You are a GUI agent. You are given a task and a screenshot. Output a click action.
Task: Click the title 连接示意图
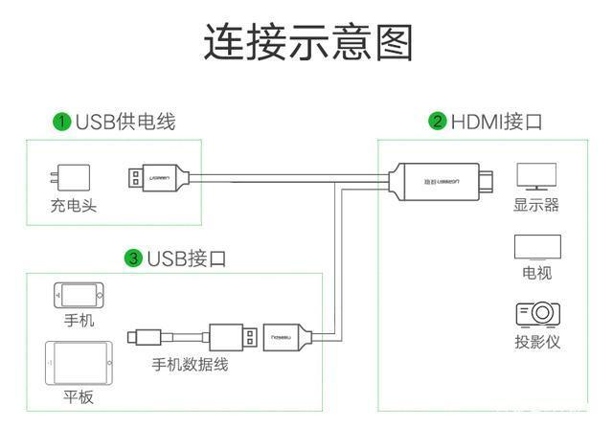pyautogui.click(x=307, y=43)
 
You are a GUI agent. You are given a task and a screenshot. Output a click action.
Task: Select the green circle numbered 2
pyautogui.click(x=438, y=122)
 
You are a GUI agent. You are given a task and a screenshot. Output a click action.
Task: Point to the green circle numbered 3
pyautogui.click(x=133, y=258)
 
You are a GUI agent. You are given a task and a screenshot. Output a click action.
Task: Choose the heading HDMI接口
pyautogui.click(x=497, y=122)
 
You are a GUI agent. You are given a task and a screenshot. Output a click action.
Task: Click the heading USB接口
pyautogui.click(x=187, y=258)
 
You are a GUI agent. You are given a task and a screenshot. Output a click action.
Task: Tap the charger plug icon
pyautogui.click(x=73, y=178)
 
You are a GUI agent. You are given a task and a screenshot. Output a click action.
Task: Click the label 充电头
pyautogui.click(x=74, y=205)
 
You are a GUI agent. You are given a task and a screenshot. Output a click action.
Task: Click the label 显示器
pyautogui.click(x=535, y=205)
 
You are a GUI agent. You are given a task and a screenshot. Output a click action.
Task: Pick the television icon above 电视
pyautogui.click(x=536, y=247)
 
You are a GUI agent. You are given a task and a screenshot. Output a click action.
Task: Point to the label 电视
pyautogui.click(x=536, y=274)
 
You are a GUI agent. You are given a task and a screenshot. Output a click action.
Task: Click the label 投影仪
pyautogui.click(x=536, y=342)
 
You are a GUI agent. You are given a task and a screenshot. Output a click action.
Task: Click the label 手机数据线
pyautogui.click(x=191, y=365)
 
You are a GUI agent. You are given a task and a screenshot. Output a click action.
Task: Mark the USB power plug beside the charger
pyautogui.click(x=158, y=178)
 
